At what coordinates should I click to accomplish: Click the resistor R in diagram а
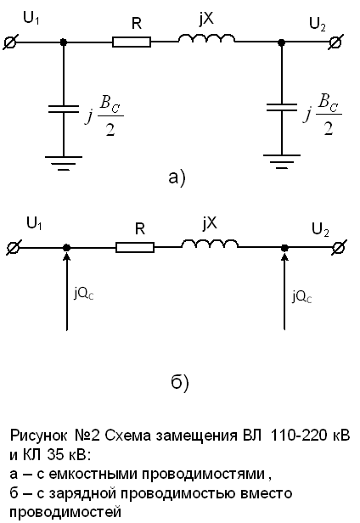point(132,42)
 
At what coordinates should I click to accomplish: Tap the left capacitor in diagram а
point(64,109)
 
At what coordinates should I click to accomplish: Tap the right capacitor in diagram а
point(282,107)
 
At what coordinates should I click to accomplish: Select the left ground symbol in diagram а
point(64,163)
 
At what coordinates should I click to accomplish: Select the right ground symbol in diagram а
point(282,162)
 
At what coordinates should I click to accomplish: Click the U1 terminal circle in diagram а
point(9,42)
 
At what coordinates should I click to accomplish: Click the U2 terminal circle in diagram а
point(335,42)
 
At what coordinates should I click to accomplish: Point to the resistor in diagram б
point(135,248)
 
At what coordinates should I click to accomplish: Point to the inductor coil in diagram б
point(210,244)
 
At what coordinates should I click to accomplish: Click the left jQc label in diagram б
point(84,294)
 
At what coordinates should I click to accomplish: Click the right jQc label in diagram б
point(302,296)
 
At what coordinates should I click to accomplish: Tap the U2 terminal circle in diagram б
point(338,248)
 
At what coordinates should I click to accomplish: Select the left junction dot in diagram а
point(64,42)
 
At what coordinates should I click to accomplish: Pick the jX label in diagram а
point(205,20)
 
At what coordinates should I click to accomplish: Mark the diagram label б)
point(180,383)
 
